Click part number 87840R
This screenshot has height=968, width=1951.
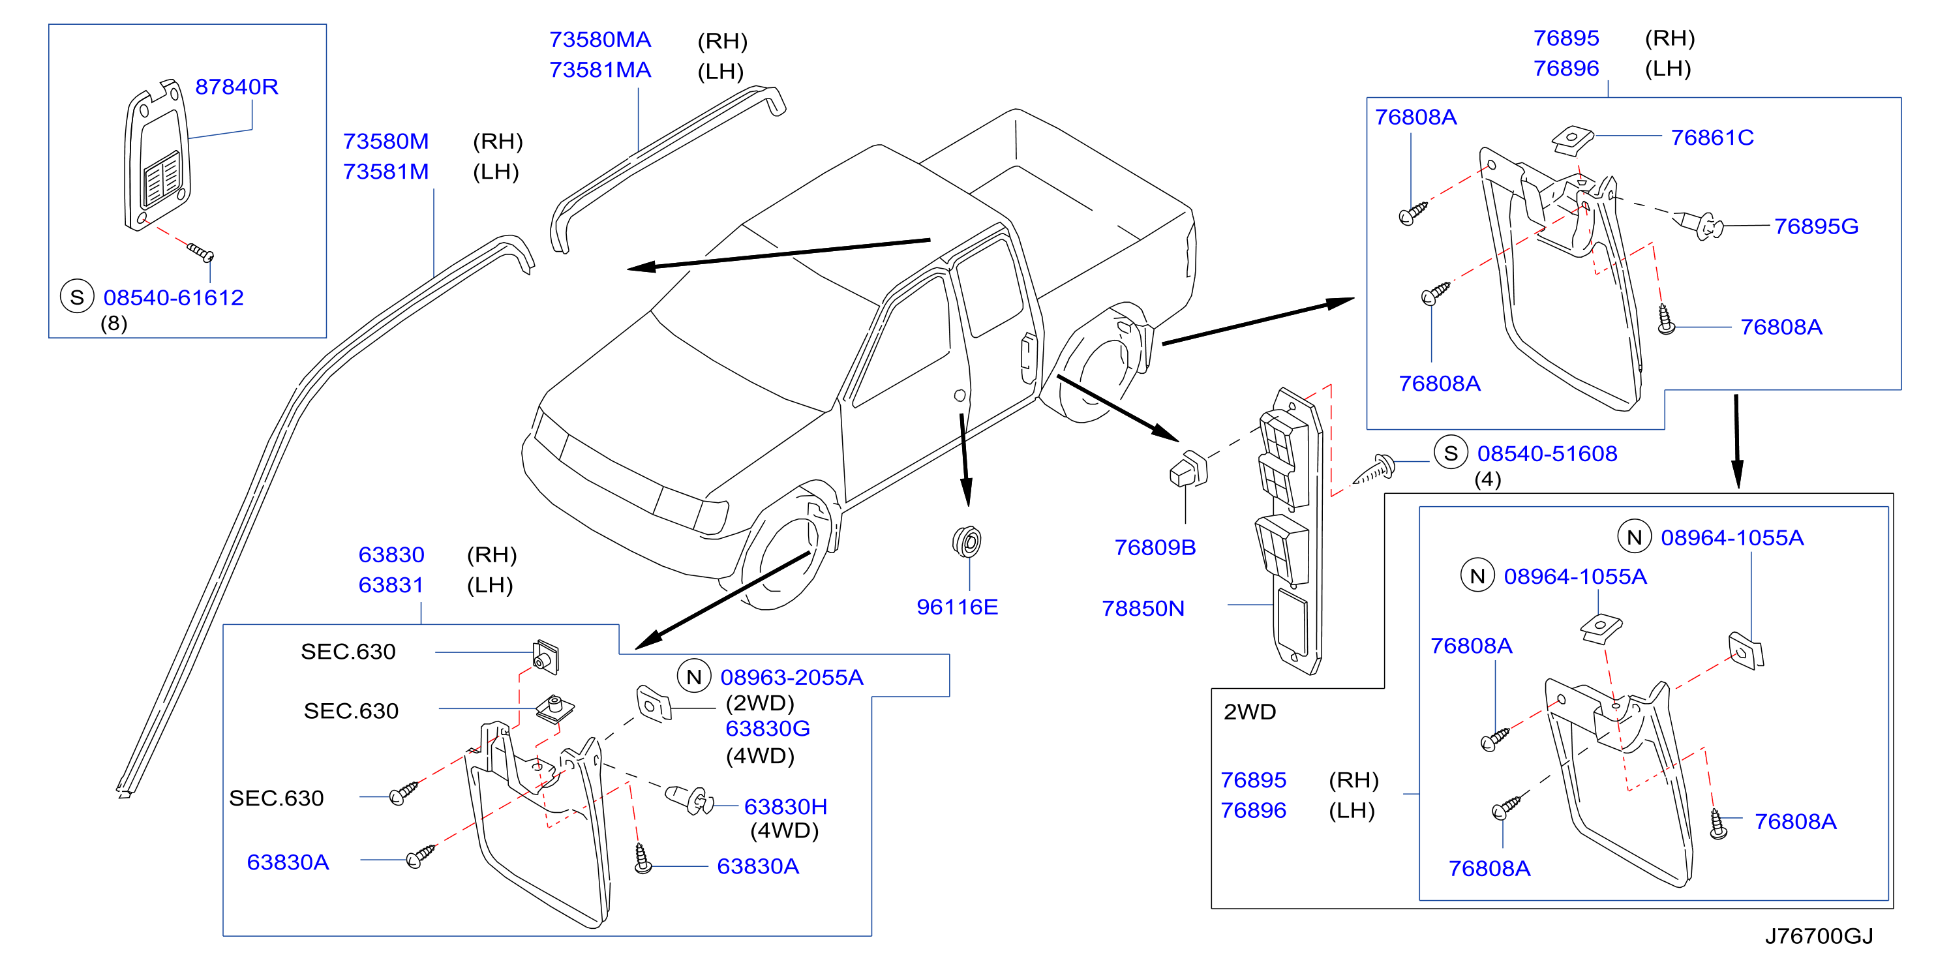[236, 87]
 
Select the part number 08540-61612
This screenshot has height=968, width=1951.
[174, 297]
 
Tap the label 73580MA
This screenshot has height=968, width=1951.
[600, 39]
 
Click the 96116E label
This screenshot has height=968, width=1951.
[958, 607]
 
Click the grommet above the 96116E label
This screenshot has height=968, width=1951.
[967, 541]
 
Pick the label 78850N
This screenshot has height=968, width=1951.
[1143, 608]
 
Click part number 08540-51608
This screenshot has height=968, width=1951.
[1547, 454]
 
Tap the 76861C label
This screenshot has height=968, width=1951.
[1712, 137]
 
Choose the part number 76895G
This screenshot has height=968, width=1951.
[1816, 226]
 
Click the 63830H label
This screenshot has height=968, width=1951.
[785, 807]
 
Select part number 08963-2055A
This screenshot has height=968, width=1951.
[791, 677]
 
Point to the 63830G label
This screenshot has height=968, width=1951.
[767, 728]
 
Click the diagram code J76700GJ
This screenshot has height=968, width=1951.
[1819, 936]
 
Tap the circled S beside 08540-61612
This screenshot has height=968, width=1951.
[76, 297]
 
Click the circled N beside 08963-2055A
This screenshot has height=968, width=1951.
[694, 676]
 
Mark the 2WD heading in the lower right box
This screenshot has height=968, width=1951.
[1250, 712]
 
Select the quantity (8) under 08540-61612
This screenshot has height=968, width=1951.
[113, 324]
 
